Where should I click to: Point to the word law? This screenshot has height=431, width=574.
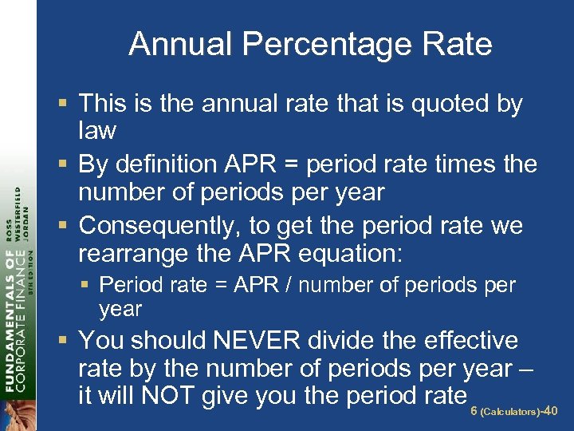97,130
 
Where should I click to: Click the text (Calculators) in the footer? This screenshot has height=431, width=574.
509,412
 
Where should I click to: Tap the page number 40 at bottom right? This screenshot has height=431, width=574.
549,411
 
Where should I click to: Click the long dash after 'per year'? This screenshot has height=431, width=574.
526,369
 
